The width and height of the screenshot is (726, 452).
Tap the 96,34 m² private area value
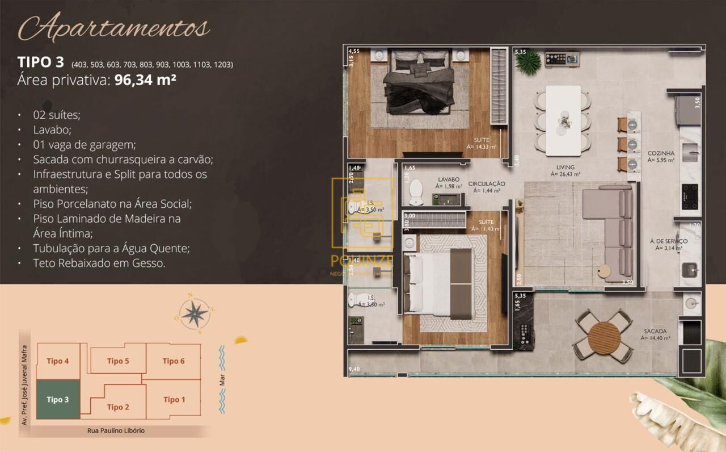click(x=145, y=80)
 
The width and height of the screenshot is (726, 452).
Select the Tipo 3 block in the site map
click(x=58, y=400)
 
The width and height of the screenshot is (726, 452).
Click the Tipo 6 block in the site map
click(x=174, y=361)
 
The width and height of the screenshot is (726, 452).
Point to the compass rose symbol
click(x=195, y=313)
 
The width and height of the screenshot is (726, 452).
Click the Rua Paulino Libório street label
click(x=116, y=431)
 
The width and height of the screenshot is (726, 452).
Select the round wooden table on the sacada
click(x=605, y=338)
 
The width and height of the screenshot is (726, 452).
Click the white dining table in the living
click(x=563, y=120)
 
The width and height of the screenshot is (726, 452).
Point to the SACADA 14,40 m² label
click(x=655, y=334)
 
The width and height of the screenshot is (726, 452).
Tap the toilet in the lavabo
click(x=416, y=191)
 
